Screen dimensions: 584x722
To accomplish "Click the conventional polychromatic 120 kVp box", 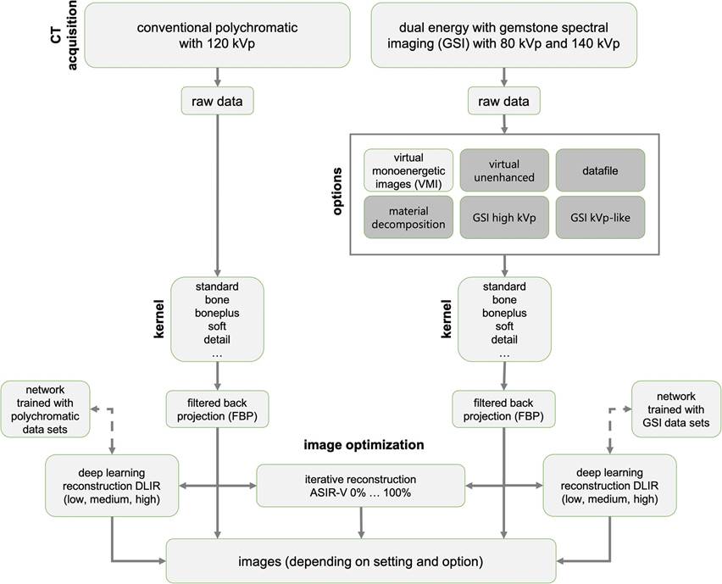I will [x=219, y=35].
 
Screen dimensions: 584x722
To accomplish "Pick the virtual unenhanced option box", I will [x=503, y=170].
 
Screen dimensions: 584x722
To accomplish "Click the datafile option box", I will [x=600, y=170].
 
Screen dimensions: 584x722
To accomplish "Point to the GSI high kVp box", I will [x=503, y=217].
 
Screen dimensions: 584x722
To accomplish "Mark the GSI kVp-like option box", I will [x=600, y=217].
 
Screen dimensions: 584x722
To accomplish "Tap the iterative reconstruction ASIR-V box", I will [x=361, y=485].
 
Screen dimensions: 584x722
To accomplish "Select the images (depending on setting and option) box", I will [x=363, y=559].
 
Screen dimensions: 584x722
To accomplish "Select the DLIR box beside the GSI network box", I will [x=609, y=485].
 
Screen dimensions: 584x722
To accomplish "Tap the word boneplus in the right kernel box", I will [x=504, y=311].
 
